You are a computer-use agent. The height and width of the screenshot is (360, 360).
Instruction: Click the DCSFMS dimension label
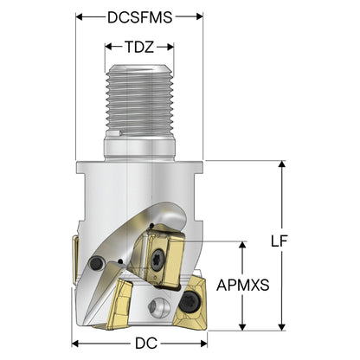pos(140,17)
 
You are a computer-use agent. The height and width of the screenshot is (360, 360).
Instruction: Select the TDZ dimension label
pos(139,47)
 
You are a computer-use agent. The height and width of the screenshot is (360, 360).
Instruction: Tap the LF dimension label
pos(280,241)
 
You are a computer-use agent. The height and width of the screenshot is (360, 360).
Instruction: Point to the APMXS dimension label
pos(243,285)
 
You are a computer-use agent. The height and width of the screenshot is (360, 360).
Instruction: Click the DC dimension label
pos(146,344)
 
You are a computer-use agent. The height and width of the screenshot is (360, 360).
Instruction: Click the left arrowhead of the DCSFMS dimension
pos(80,16)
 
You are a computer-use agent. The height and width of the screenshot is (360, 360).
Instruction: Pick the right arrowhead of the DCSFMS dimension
pos(199,16)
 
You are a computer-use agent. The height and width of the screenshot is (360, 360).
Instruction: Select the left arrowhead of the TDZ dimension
pos(108,47)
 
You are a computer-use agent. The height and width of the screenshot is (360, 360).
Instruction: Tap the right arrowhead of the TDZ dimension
pos(170,47)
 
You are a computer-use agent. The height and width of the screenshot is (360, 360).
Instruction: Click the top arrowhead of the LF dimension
pos(282,164)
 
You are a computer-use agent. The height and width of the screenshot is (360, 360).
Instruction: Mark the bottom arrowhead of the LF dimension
pos(282,327)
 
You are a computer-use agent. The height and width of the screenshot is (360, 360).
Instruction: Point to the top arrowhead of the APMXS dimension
pos(243,245)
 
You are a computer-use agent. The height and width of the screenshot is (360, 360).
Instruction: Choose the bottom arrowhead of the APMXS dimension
pos(243,327)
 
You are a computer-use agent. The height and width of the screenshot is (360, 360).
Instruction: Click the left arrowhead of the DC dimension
pos(75,344)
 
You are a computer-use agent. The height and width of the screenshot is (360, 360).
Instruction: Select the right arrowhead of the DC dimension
pos(203,344)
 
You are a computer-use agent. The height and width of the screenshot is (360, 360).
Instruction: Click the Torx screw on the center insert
pos(158,258)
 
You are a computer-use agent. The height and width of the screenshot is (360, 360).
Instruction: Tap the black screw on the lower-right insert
pos(190,301)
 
